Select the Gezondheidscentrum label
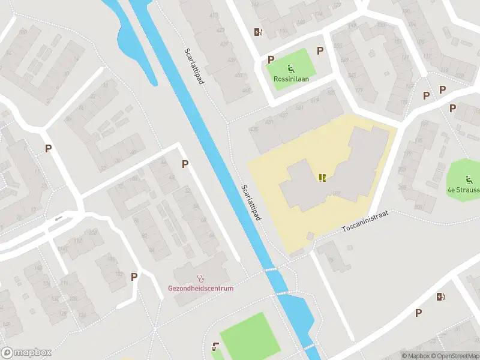pos(200,288)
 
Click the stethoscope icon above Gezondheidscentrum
pos(200,278)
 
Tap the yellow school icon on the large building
pos(323,178)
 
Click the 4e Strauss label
pos(464,190)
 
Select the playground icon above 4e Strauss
pos(469,179)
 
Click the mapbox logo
pos(26,353)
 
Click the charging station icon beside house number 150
pos(258,32)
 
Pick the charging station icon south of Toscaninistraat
pos(441,296)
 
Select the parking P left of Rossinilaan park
pos(271,59)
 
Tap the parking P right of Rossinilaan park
pos(320,51)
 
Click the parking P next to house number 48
pos(185,163)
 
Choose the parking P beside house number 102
pos(134,277)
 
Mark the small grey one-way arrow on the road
pos(58,218)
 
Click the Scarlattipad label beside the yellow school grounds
pos(251,202)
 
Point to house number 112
pos(77,241)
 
